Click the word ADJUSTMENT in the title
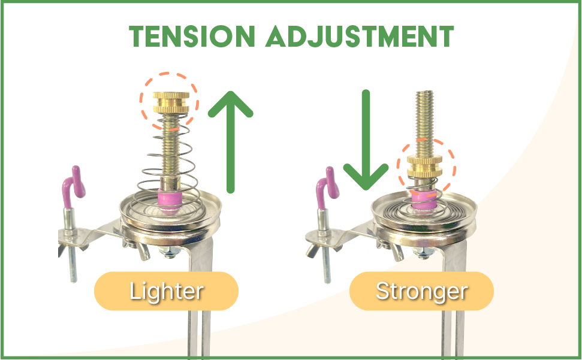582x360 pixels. [x=358, y=37]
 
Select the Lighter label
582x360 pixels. [x=167, y=291]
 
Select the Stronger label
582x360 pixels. [x=421, y=291]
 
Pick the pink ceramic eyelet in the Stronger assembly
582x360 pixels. [x=424, y=200]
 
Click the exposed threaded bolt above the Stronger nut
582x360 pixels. [x=425, y=120]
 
